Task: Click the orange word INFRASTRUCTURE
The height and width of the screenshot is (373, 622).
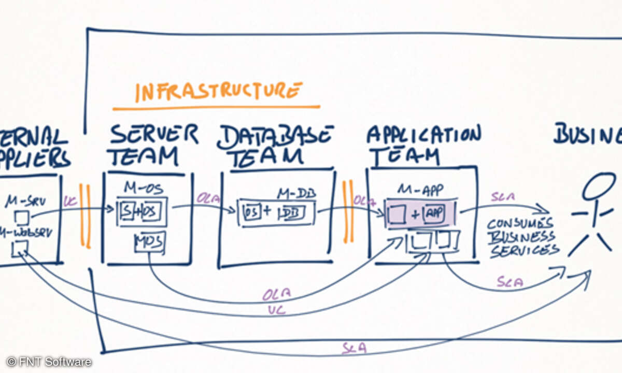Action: (x=218, y=92)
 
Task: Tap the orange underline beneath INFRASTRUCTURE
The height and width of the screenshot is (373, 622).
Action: (x=216, y=108)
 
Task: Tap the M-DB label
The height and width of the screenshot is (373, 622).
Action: (x=296, y=194)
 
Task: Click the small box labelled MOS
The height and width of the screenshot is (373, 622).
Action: (x=149, y=241)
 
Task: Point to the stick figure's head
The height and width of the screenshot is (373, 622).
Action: (x=599, y=187)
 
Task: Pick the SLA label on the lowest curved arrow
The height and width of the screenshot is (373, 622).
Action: (x=354, y=348)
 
